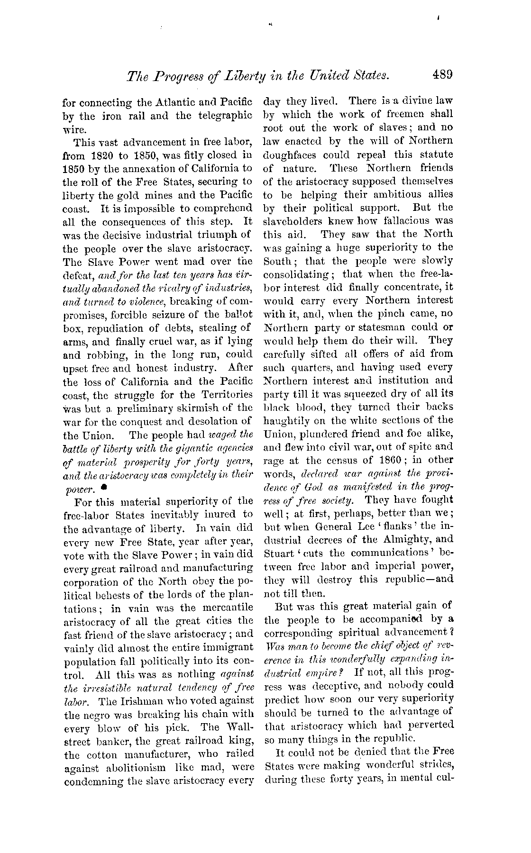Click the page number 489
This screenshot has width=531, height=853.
click(x=443, y=75)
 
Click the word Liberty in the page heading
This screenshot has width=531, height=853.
click(x=255, y=76)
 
